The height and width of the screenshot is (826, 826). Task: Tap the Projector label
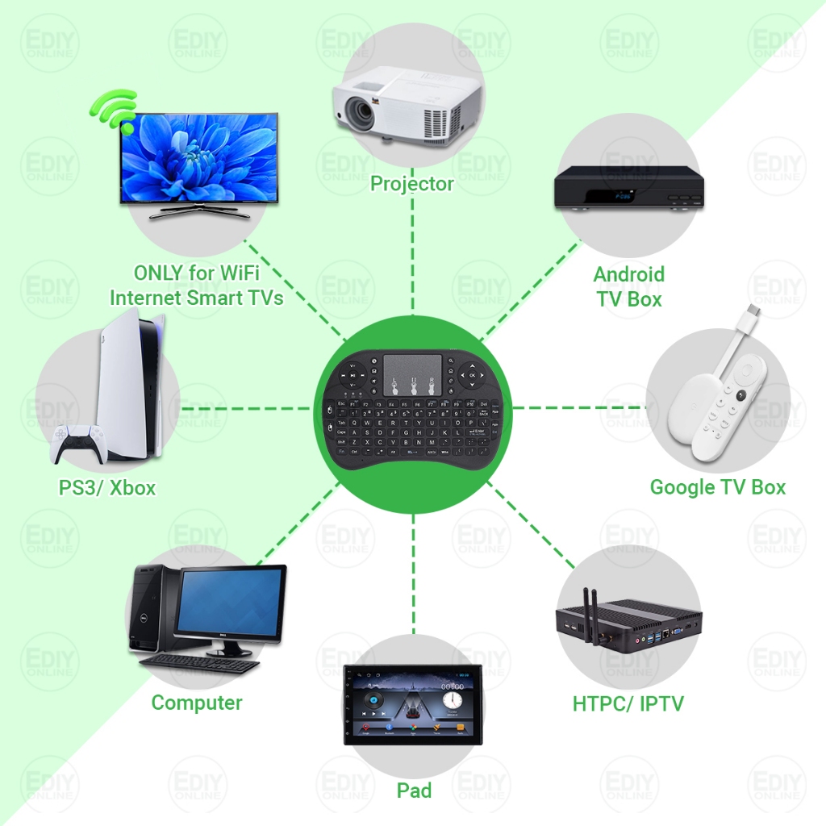(411, 184)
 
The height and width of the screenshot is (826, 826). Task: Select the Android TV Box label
(629, 286)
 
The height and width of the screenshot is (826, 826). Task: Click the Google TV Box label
(717, 487)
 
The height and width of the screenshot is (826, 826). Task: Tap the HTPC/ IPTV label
(628, 703)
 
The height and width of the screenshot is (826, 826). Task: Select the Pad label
(414, 791)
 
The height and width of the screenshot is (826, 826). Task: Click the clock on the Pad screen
(452, 698)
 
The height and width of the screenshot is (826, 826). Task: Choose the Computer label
(197, 703)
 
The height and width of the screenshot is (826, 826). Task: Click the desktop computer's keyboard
(202, 663)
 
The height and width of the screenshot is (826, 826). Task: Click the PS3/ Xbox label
(107, 488)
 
